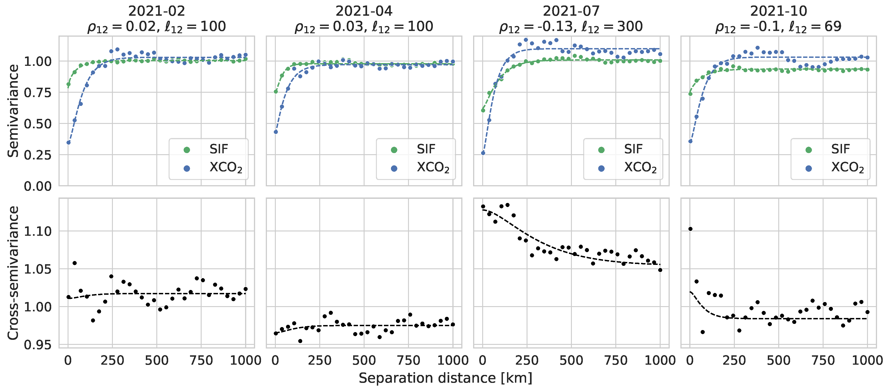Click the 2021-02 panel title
click(157, 11)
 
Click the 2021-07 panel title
click(571, 11)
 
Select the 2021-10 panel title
click(778, 11)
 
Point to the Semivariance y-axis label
click(13, 111)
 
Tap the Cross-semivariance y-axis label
click(13, 273)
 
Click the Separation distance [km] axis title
click(445, 378)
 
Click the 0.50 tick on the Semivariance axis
click(37, 124)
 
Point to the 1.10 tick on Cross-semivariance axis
click(37, 231)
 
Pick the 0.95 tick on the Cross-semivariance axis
click(37, 345)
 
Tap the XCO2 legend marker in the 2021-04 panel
click(394, 168)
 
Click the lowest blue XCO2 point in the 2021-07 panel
click(483, 153)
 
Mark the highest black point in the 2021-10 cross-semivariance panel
click(690, 229)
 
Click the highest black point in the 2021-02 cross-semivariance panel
click(75, 263)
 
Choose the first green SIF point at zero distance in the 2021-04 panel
click(276, 92)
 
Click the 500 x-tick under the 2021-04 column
click(364, 361)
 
